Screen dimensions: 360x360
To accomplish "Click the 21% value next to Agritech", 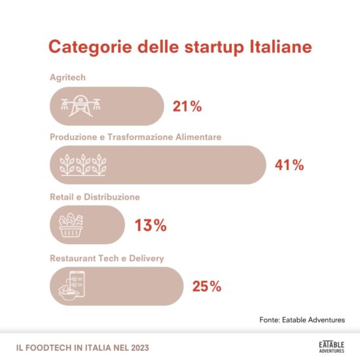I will pyautogui.click(x=187, y=106).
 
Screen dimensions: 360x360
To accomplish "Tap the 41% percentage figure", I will pyautogui.click(x=289, y=165).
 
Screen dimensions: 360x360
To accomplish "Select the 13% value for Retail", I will pyautogui.click(x=151, y=226).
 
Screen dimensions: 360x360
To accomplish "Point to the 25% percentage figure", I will pyautogui.click(x=207, y=286).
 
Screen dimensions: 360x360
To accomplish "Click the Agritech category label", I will pyautogui.click(x=68, y=78).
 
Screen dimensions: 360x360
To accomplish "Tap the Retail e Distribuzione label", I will pyautogui.click(x=95, y=196).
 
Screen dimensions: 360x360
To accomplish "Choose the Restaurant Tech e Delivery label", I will pyautogui.click(x=107, y=258).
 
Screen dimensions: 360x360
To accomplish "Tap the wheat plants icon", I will pyautogui.click(x=83, y=165).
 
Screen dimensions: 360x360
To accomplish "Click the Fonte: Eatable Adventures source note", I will pyautogui.click(x=301, y=319).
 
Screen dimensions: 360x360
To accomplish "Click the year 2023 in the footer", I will pyautogui.click(x=137, y=346).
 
